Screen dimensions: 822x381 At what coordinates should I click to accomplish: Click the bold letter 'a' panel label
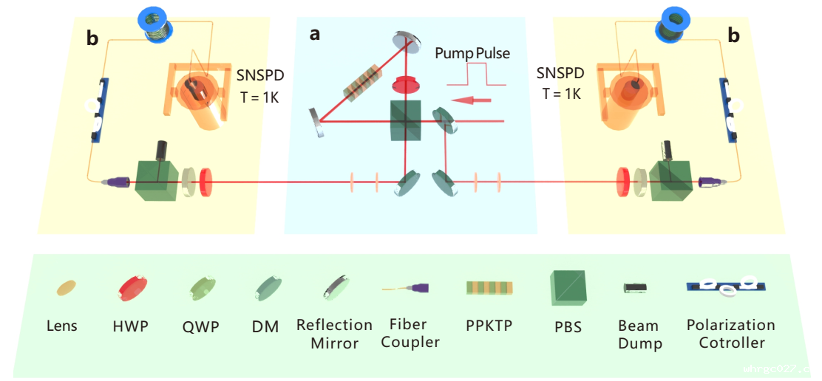tap(315, 35)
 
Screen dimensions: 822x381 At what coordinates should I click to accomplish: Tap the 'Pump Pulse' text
tap(473, 54)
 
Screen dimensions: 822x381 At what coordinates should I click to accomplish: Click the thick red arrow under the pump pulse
tap(472, 100)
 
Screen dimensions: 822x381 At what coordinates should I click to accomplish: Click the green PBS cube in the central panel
tap(406, 121)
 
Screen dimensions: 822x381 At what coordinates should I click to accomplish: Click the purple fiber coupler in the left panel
tap(116, 182)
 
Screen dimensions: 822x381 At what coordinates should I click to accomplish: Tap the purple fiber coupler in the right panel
tap(710, 182)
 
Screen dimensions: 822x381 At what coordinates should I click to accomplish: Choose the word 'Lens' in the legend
tap(62, 326)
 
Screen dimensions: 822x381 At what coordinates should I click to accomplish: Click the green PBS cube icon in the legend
tap(567, 289)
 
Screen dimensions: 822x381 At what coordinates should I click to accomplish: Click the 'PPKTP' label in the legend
tap(489, 326)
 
